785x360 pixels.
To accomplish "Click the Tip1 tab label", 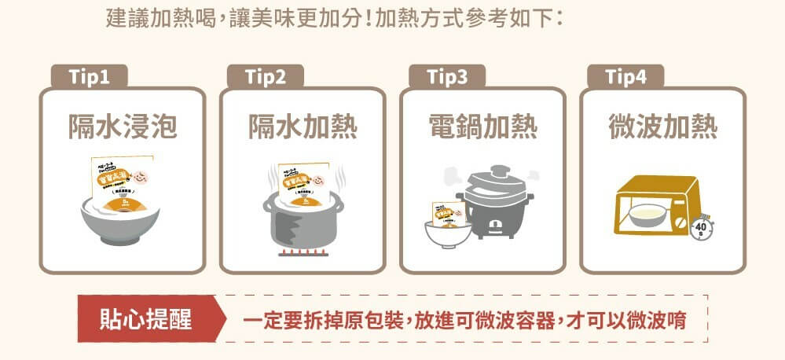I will (x=88, y=77).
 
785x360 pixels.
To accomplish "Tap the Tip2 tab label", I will (x=265, y=77).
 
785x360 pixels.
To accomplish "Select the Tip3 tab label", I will (x=447, y=77).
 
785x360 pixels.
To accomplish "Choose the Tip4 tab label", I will (x=625, y=77).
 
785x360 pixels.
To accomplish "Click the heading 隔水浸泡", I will (x=123, y=126).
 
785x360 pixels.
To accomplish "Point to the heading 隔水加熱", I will (x=303, y=126).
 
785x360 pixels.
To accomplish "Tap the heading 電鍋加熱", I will (x=482, y=126).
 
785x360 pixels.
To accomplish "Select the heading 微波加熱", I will (x=662, y=126).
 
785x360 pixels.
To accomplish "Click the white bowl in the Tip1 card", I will (x=122, y=224).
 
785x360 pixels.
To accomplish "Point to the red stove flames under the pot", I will (x=303, y=254).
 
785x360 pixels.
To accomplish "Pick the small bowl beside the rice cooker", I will (x=447, y=233).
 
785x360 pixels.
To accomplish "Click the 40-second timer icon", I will (x=702, y=228).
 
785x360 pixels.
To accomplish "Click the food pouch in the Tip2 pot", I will (x=302, y=182).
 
